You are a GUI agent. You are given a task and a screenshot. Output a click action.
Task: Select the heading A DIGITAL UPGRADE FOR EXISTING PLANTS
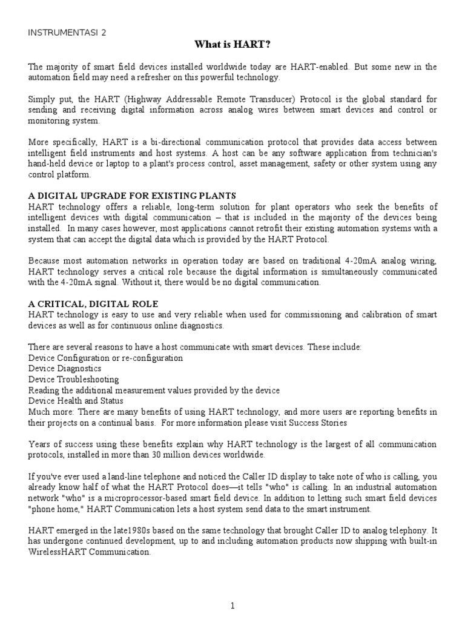pyautogui.click(x=132, y=196)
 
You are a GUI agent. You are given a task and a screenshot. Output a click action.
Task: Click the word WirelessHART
pyautogui.click(x=57, y=552)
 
